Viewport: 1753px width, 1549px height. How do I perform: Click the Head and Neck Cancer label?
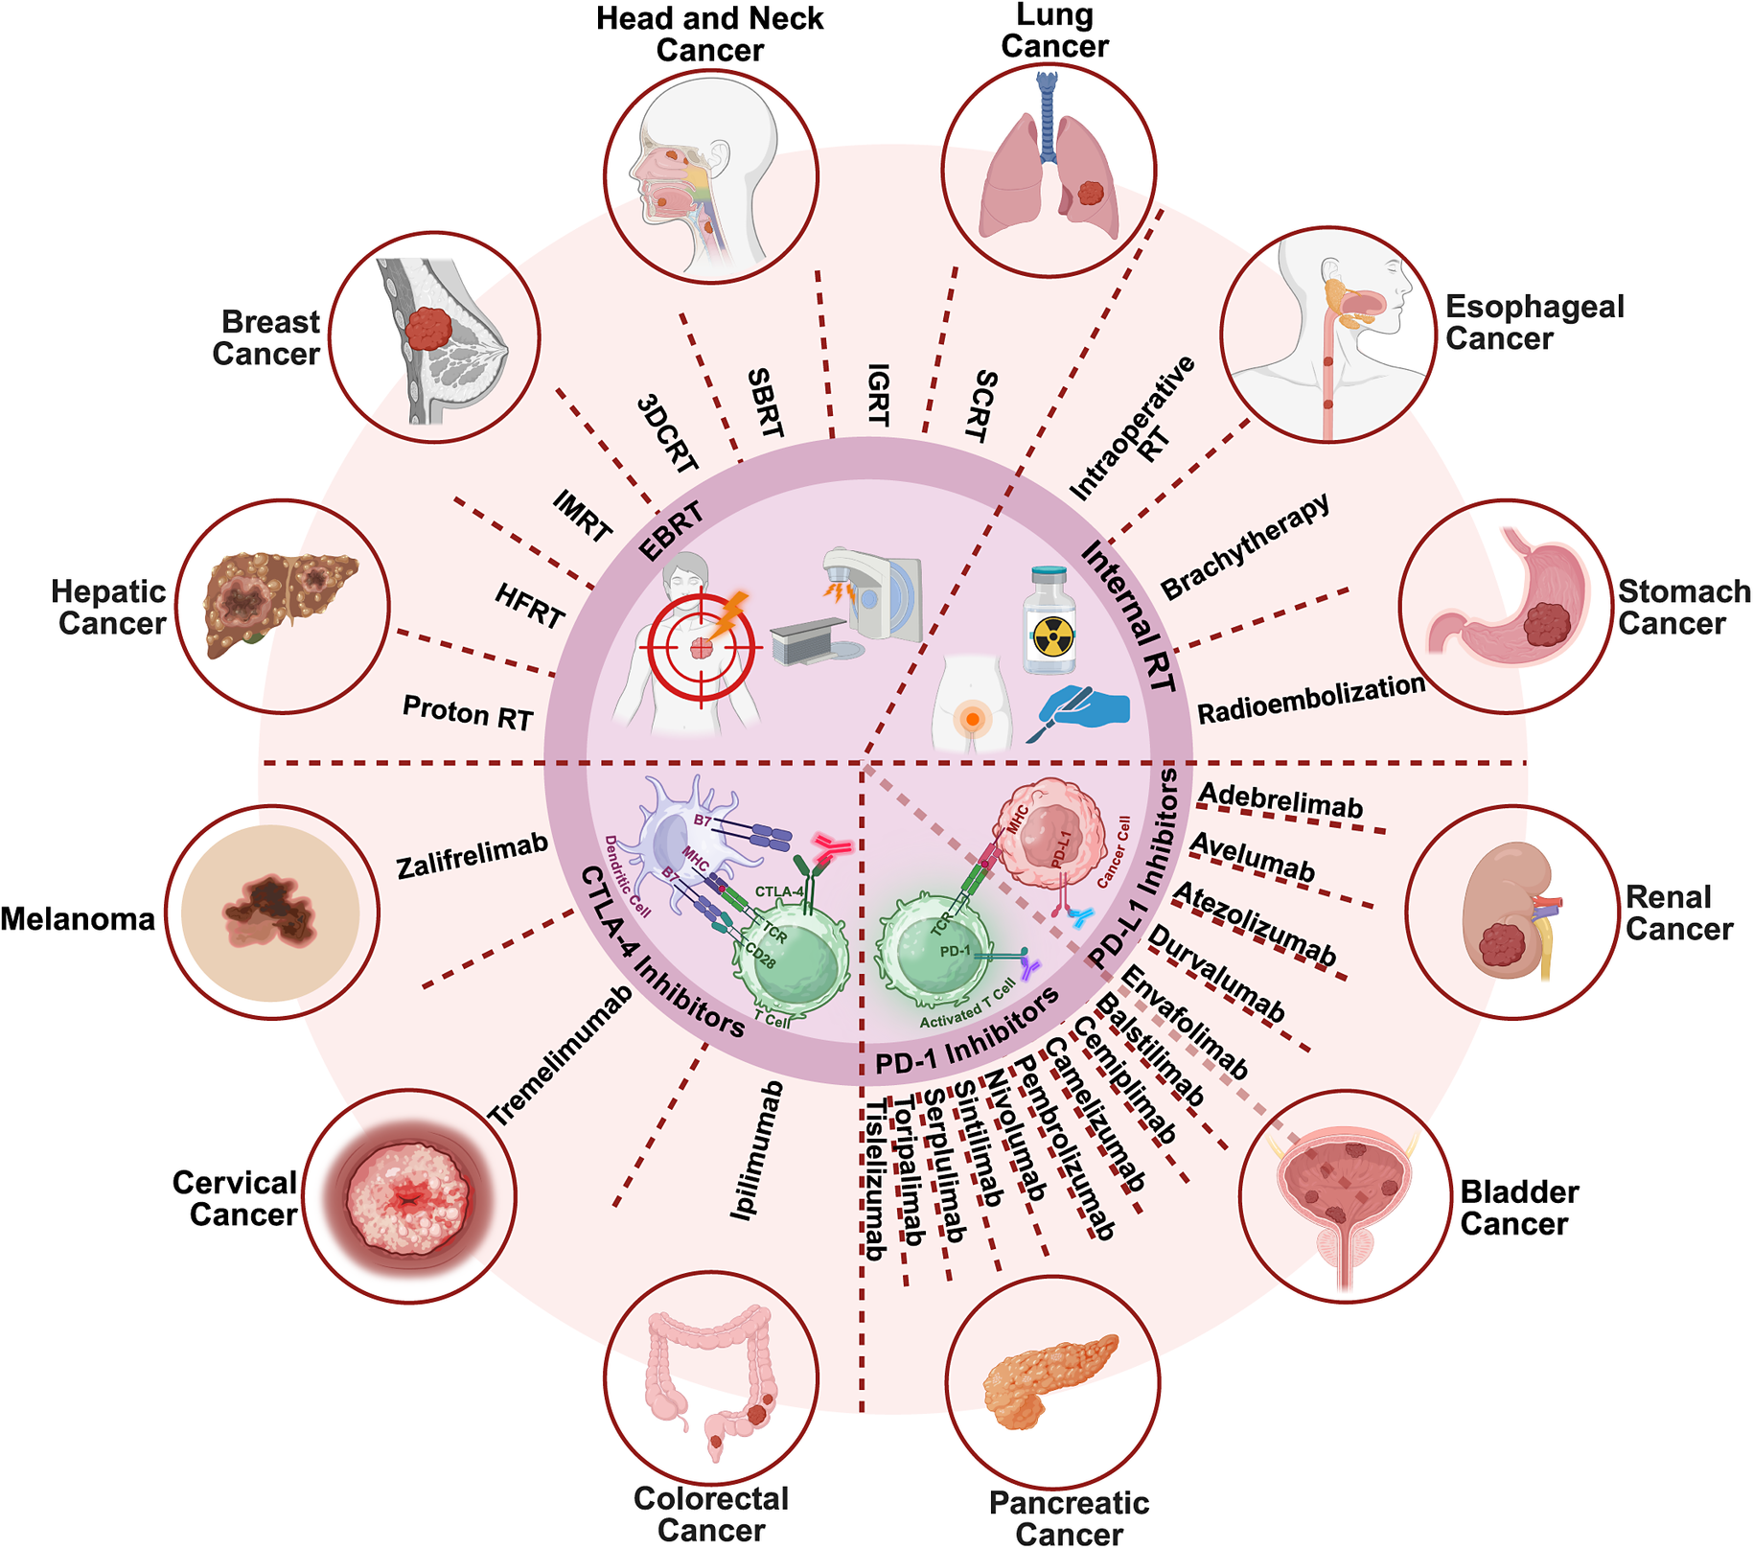(709, 34)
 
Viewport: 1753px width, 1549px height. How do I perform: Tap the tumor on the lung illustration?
(1092, 193)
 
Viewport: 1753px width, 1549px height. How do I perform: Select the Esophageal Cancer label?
(1534, 322)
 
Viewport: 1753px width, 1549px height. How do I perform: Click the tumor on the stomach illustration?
(1546, 624)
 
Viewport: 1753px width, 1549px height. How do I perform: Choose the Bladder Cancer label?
(1519, 1208)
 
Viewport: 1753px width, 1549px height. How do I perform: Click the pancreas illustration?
(1050, 1380)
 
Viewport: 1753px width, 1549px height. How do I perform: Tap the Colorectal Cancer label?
(711, 1514)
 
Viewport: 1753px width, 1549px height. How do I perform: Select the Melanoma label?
(78, 919)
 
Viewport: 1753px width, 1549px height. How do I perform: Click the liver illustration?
(279, 603)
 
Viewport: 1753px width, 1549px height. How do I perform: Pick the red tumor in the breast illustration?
(427, 329)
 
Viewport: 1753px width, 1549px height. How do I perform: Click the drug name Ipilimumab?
(758, 1150)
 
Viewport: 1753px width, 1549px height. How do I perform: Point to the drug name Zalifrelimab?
(472, 855)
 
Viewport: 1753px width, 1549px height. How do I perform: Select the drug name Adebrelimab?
(1280, 801)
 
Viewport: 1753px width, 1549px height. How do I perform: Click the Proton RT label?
(468, 712)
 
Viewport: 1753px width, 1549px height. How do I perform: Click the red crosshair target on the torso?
(701, 648)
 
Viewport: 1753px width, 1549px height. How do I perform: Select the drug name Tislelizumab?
(874, 1179)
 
